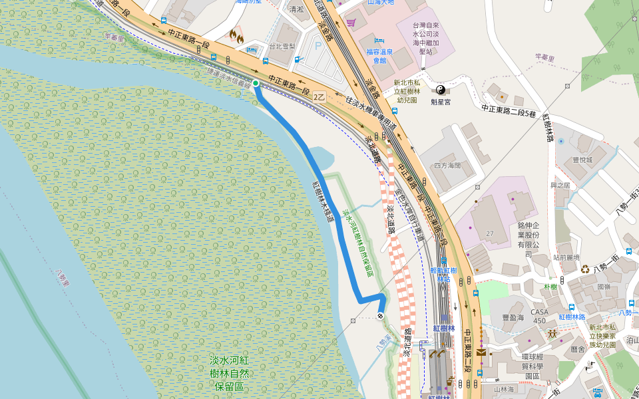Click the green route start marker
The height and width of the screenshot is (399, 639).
(x=256, y=83)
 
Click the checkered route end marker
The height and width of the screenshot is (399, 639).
(x=380, y=316)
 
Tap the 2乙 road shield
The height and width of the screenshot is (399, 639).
(x=319, y=96)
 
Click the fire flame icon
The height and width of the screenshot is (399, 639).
(x=235, y=35)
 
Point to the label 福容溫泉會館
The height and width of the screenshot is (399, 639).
(x=379, y=56)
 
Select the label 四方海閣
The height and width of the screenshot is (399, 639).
(x=447, y=165)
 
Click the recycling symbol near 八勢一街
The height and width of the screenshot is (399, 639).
(x=585, y=269)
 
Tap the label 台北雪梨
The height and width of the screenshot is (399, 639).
(x=282, y=47)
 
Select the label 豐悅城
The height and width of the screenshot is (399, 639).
(x=582, y=160)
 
